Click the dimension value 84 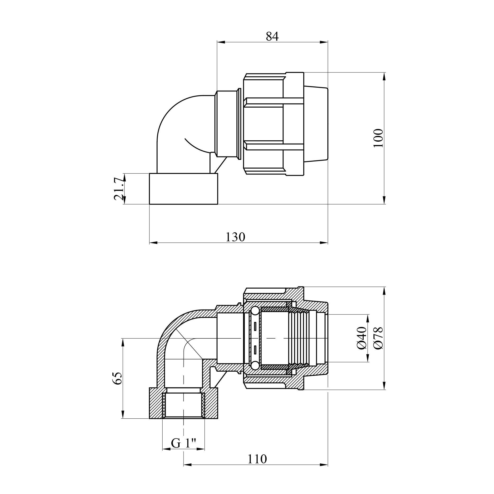[272, 36]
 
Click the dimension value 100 [378, 138]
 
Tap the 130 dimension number [235, 237]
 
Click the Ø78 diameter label [378, 338]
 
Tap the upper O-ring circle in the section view [255, 311]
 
